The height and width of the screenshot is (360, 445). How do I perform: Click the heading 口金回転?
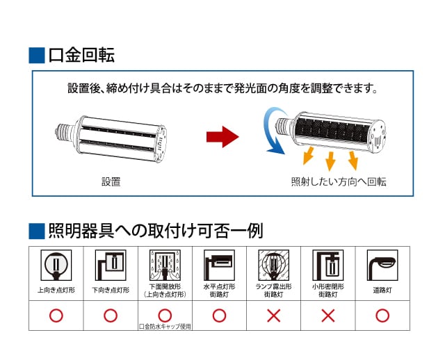click(x=81, y=56)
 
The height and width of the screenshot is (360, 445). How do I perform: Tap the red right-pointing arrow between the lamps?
click(x=222, y=135)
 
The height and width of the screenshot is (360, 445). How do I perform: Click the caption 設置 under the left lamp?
click(x=111, y=182)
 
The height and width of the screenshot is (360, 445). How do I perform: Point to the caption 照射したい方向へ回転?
click(x=338, y=182)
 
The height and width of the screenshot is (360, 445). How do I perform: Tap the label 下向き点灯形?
click(x=111, y=289)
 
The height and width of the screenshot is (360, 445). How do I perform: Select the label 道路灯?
click(x=382, y=289)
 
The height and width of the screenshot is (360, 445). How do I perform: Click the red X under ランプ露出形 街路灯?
click(x=273, y=316)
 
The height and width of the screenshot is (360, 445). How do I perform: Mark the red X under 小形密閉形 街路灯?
click(x=327, y=316)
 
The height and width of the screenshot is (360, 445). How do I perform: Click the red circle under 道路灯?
click(x=382, y=316)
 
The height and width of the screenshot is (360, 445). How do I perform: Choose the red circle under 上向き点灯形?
click(x=56, y=316)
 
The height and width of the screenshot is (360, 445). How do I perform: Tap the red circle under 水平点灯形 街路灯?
click(x=219, y=316)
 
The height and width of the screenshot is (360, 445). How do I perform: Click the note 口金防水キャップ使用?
click(x=165, y=326)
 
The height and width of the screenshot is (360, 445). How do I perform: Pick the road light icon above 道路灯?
click(x=382, y=265)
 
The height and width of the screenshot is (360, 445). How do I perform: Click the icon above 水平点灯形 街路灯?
click(x=219, y=265)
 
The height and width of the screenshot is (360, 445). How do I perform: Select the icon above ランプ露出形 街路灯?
click(x=273, y=265)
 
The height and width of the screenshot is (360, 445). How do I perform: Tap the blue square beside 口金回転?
click(x=36, y=56)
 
